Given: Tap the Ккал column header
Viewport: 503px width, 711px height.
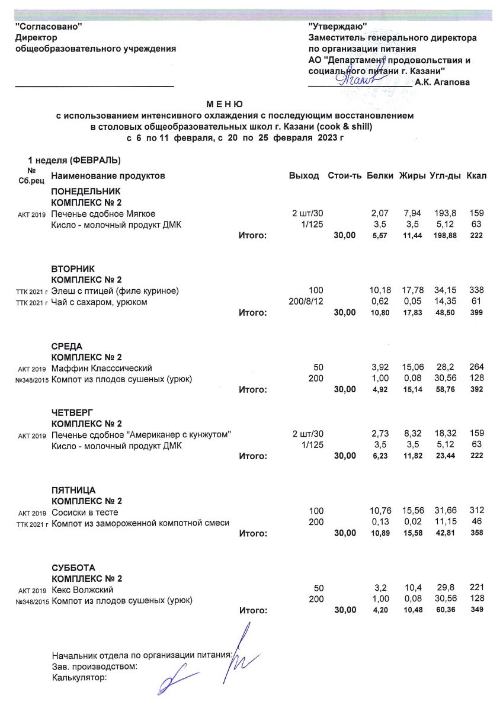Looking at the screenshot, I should pyautogui.click(x=476, y=176).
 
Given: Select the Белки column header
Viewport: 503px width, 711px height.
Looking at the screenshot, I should pyautogui.click(x=379, y=176).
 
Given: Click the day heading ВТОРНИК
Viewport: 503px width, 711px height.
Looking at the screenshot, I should pyautogui.click(x=73, y=268).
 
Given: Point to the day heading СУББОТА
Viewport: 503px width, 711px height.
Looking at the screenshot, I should pyautogui.click(x=73, y=568).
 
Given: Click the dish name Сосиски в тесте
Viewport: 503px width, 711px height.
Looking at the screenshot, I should pyautogui.click(x=85, y=511).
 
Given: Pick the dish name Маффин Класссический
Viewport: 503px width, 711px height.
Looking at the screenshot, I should pyautogui.click(x=102, y=368).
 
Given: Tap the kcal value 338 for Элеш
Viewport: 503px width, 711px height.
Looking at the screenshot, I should pyautogui.click(x=476, y=290).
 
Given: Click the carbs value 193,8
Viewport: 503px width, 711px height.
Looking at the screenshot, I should pyautogui.click(x=442, y=213).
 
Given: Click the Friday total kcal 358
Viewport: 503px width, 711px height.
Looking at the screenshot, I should pyautogui.click(x=476, y=534).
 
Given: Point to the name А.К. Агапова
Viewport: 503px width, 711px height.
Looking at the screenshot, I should pyautogui.click(x=443, y=82).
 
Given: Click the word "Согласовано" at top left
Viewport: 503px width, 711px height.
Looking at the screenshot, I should pyautogui.click(x=49, y=27).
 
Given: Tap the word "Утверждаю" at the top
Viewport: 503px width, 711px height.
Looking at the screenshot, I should pyautogui.click(x=338, y=27).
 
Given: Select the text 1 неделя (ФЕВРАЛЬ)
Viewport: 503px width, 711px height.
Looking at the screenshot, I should pyautogui.click(x=74, y=161).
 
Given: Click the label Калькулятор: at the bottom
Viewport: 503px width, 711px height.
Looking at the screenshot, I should pyautogui.click(x=79, y=677).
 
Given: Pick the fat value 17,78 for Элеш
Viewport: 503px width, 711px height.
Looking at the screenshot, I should pyautogui.click(x=411, y=290).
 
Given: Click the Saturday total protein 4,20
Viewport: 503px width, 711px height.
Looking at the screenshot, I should pyautogui.click(x=379, y=610).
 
